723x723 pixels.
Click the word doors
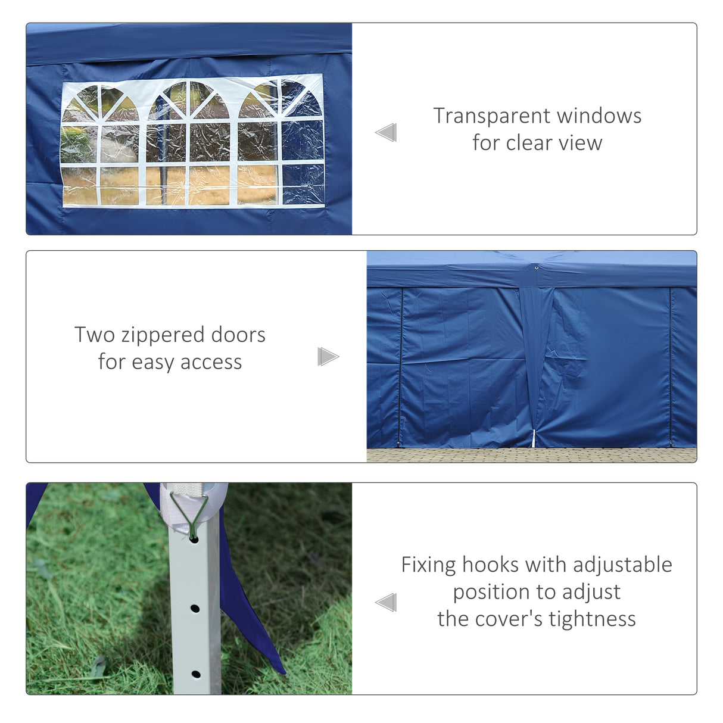[x=238, y=335]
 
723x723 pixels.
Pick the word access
[x=211, y=362]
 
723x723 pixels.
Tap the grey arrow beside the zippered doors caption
[x=328, y=357]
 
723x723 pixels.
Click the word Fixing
[x=428, y=565]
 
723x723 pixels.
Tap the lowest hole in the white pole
[x=195, y=674]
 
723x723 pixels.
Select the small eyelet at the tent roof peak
[x=537, y=268]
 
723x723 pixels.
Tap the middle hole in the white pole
[x=195, y=609]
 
